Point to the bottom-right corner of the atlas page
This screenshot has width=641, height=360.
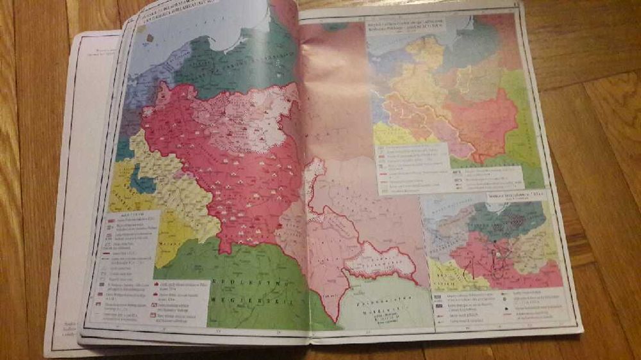[x=580, y=329]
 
